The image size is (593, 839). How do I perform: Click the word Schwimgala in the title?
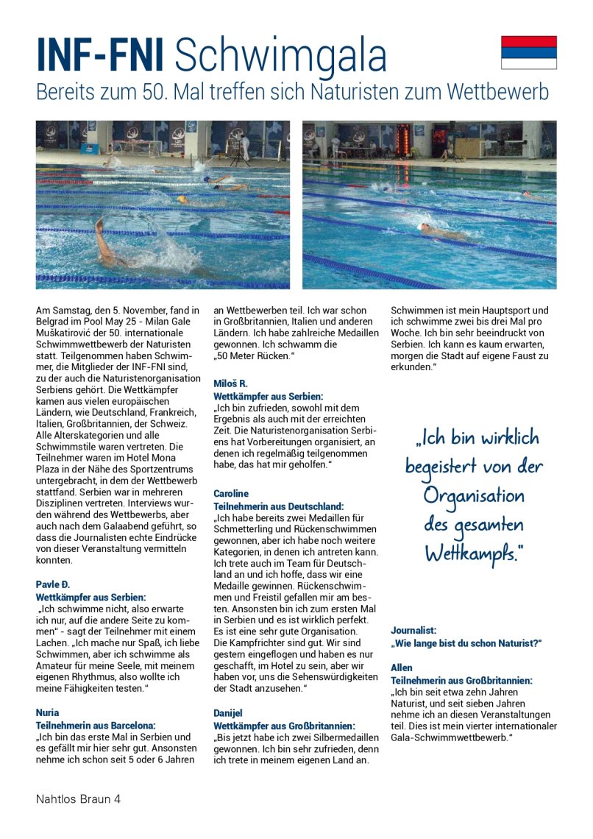click(x=280, y=56)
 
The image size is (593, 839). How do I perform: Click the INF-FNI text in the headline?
click(x=102, y=56)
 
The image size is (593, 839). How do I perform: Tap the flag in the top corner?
click(x=528, y=52)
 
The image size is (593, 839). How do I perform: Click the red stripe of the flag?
click(x=528, y=41)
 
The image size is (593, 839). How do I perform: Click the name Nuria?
click(x=48, y=712)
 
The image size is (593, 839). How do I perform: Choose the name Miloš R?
click(x=230, y=383)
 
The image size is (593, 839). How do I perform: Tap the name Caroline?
click(x=231, y=493)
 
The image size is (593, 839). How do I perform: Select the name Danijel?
click(x=228, y=712)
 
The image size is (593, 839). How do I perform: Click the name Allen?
click(x=402, y=668)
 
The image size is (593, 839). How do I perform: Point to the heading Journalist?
click(x=413, y=631)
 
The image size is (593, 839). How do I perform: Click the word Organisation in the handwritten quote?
click(x=474, y=495)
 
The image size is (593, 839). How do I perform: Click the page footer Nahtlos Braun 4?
click(x=78, y=799)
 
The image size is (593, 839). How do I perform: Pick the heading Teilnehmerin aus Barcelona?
click(x=96, y=726)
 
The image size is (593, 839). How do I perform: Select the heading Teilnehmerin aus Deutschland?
click(x=278, y=506)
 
